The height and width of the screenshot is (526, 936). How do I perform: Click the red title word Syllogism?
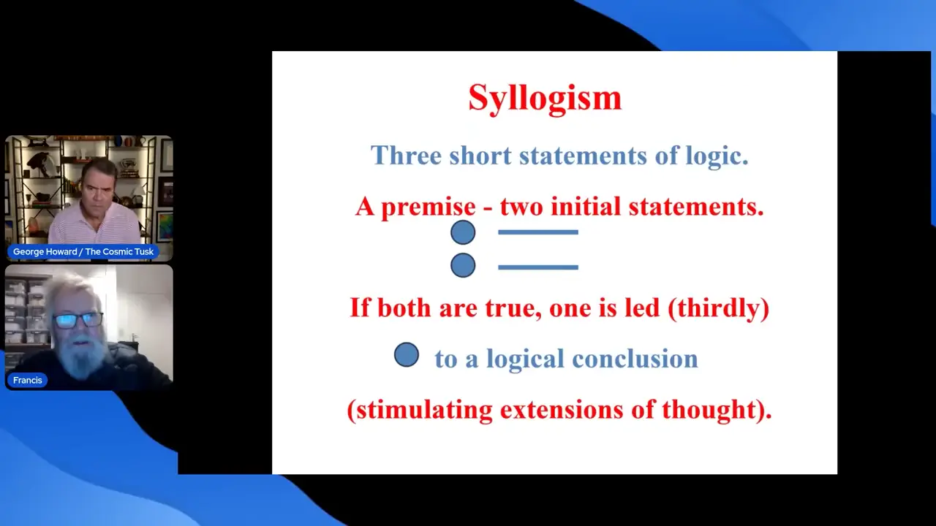point(545,99)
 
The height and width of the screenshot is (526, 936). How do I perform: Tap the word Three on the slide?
point(406,156)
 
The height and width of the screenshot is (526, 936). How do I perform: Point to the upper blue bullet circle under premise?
point(463,232)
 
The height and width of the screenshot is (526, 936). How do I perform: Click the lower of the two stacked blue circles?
point(463,265)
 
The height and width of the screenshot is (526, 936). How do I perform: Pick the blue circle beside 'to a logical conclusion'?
point(407,355)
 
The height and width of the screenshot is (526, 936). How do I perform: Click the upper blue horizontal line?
point(538,232)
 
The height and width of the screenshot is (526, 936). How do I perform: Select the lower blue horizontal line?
point(538,267)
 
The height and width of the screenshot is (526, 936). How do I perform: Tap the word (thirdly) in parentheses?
point(719,308)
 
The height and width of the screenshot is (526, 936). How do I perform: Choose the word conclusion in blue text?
point(635,359)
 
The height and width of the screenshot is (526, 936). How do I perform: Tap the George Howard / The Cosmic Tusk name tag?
point(83,252)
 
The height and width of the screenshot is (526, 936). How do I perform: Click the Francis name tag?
point(28,381)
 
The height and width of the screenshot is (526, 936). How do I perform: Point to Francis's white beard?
point(80,356)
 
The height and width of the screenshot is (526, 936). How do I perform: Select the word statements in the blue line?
point(584,156)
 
